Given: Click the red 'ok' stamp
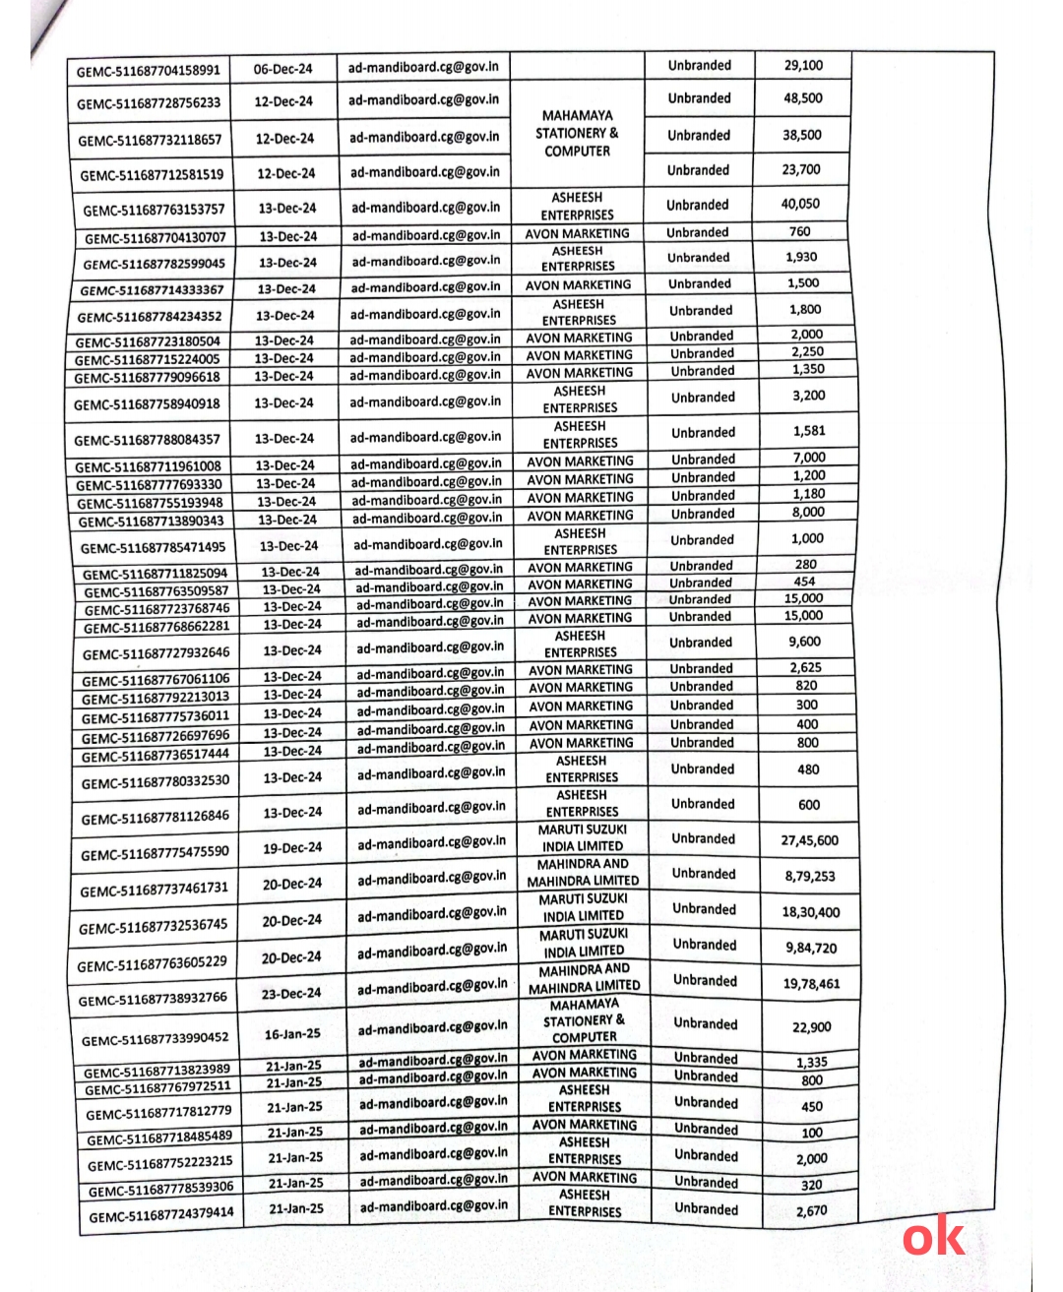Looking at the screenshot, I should (x=933, y=1237).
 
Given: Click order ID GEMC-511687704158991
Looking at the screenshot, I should (x=149, y=71).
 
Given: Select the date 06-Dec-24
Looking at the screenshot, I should (x=282, y=69).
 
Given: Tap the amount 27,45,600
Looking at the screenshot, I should (x=810, y=840).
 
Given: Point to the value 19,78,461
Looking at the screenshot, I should (x=811, y=983).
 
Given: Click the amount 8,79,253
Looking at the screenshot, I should (x=810, y=876).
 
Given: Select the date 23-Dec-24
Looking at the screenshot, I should (x=292, y=993).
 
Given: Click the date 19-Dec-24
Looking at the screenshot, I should (x=292, y=847).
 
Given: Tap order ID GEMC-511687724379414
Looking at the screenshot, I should (x=161, y=1215).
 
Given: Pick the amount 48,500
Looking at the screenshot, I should (x=803, y=98).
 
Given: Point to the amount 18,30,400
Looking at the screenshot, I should (x=811, y=912).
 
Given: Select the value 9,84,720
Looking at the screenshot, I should (x=811, y=948).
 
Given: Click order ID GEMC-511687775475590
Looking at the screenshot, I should (x=155, y=853).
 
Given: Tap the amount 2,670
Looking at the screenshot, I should (x=812, y=1210).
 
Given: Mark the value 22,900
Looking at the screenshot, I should (x=812, y=1027).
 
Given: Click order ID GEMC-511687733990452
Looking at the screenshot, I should (x=155, y=1039).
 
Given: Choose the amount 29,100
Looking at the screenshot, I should (x=803, y=65).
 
